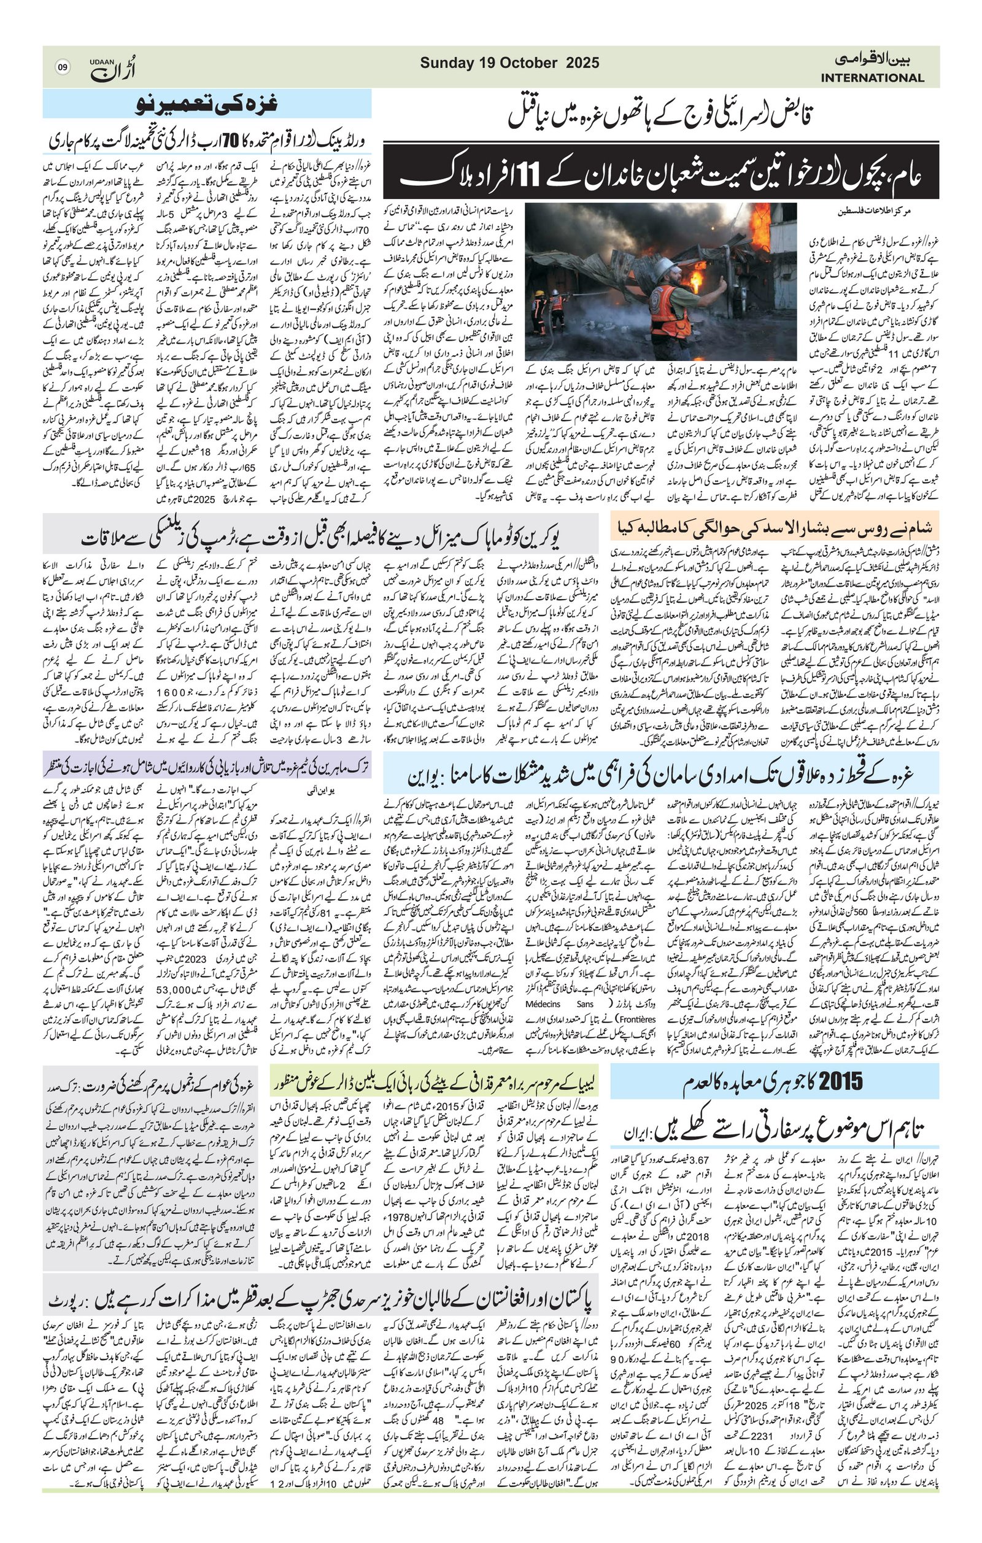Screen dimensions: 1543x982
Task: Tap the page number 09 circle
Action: click(x=62, y=68)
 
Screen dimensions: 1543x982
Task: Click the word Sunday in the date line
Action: click(x=447, y=63)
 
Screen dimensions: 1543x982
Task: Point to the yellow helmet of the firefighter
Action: click(x=539, y=294)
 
